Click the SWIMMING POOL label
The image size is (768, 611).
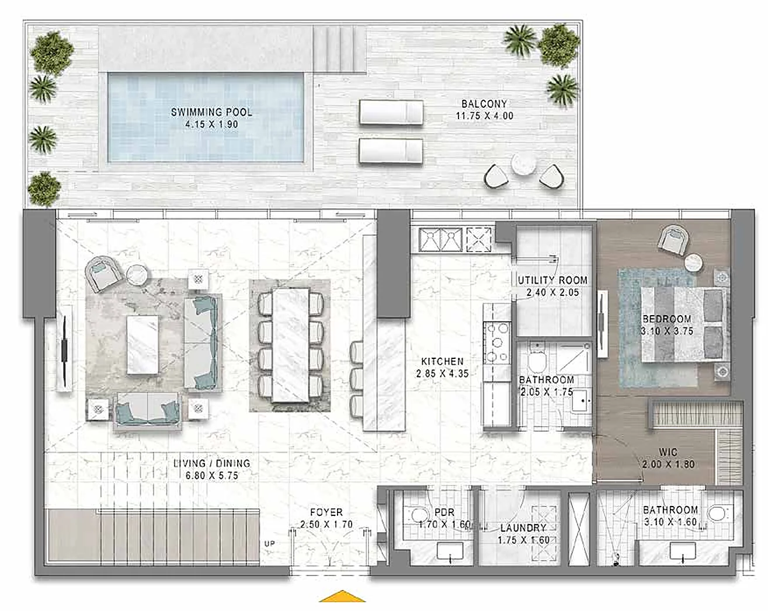point(211,112)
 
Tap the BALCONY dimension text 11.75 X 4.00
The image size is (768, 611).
point(484,116)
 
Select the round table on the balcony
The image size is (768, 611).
point(523,164)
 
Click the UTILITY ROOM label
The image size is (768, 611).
point(552,280)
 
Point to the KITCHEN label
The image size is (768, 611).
point(442,361)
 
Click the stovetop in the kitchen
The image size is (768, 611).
point(496,342)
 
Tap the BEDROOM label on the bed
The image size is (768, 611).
point(666,319)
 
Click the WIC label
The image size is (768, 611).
point(668,452)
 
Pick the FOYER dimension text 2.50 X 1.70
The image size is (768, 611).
point(326,524)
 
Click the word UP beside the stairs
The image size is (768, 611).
point(269,543)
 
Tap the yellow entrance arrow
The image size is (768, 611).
point(342,596)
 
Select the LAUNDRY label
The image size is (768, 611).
point(523,528)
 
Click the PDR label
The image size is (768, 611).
point(444,512)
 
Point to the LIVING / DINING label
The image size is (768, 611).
point(211,463)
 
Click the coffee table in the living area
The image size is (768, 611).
point(143,344)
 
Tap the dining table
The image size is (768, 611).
point(290,345)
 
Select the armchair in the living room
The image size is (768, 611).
point(103,273)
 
